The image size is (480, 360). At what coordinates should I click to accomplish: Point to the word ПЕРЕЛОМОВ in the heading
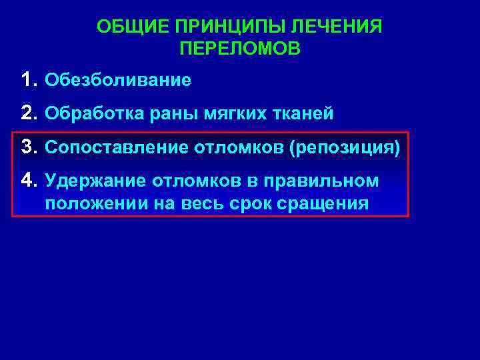240,49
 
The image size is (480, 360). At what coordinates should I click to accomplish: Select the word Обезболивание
117,81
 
